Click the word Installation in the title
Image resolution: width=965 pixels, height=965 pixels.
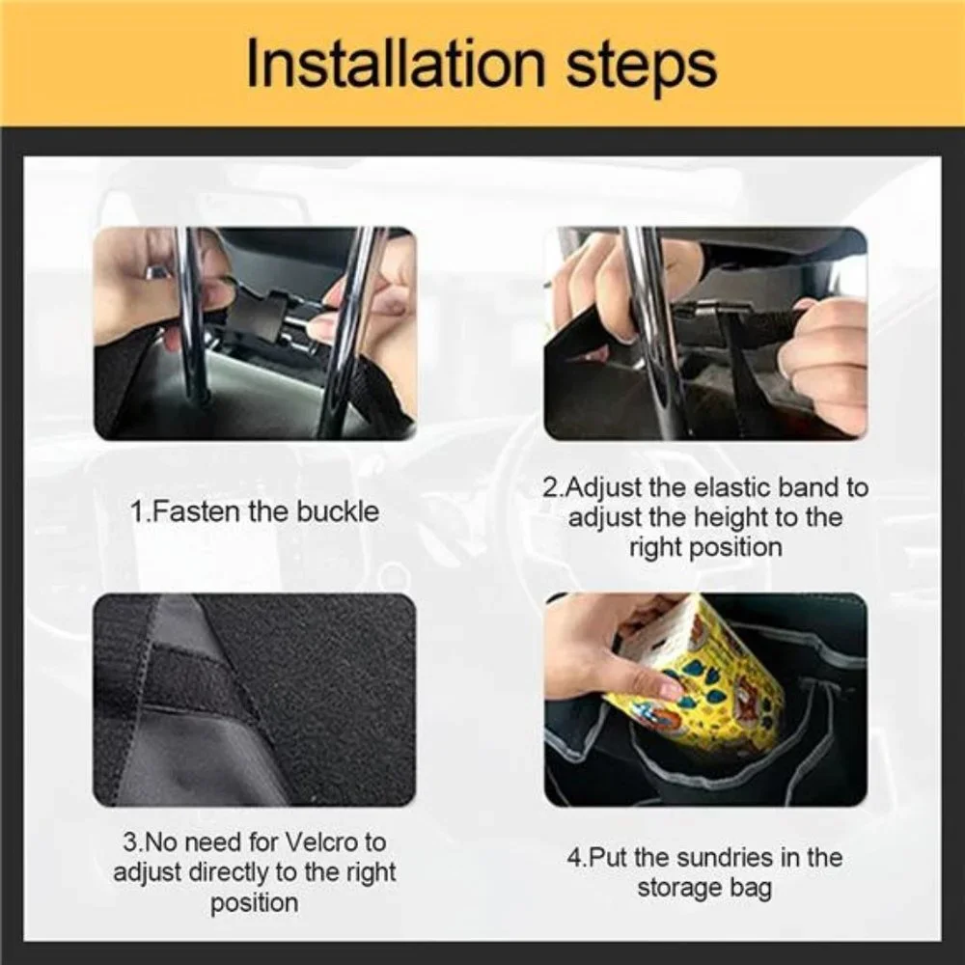(x=396, y=64)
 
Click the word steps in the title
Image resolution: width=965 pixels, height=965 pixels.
(x=641, y=67)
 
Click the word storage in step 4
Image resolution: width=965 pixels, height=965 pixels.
(x=679, y=889)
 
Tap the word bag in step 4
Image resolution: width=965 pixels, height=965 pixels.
(x=750, y=889)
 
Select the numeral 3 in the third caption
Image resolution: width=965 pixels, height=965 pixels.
(x=130, y=841)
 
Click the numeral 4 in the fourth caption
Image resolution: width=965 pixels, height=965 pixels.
(x=574, y=858)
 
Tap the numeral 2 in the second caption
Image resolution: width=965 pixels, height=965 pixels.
(x=551, y=487)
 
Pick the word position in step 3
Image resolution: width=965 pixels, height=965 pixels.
(x=255, y=903)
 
